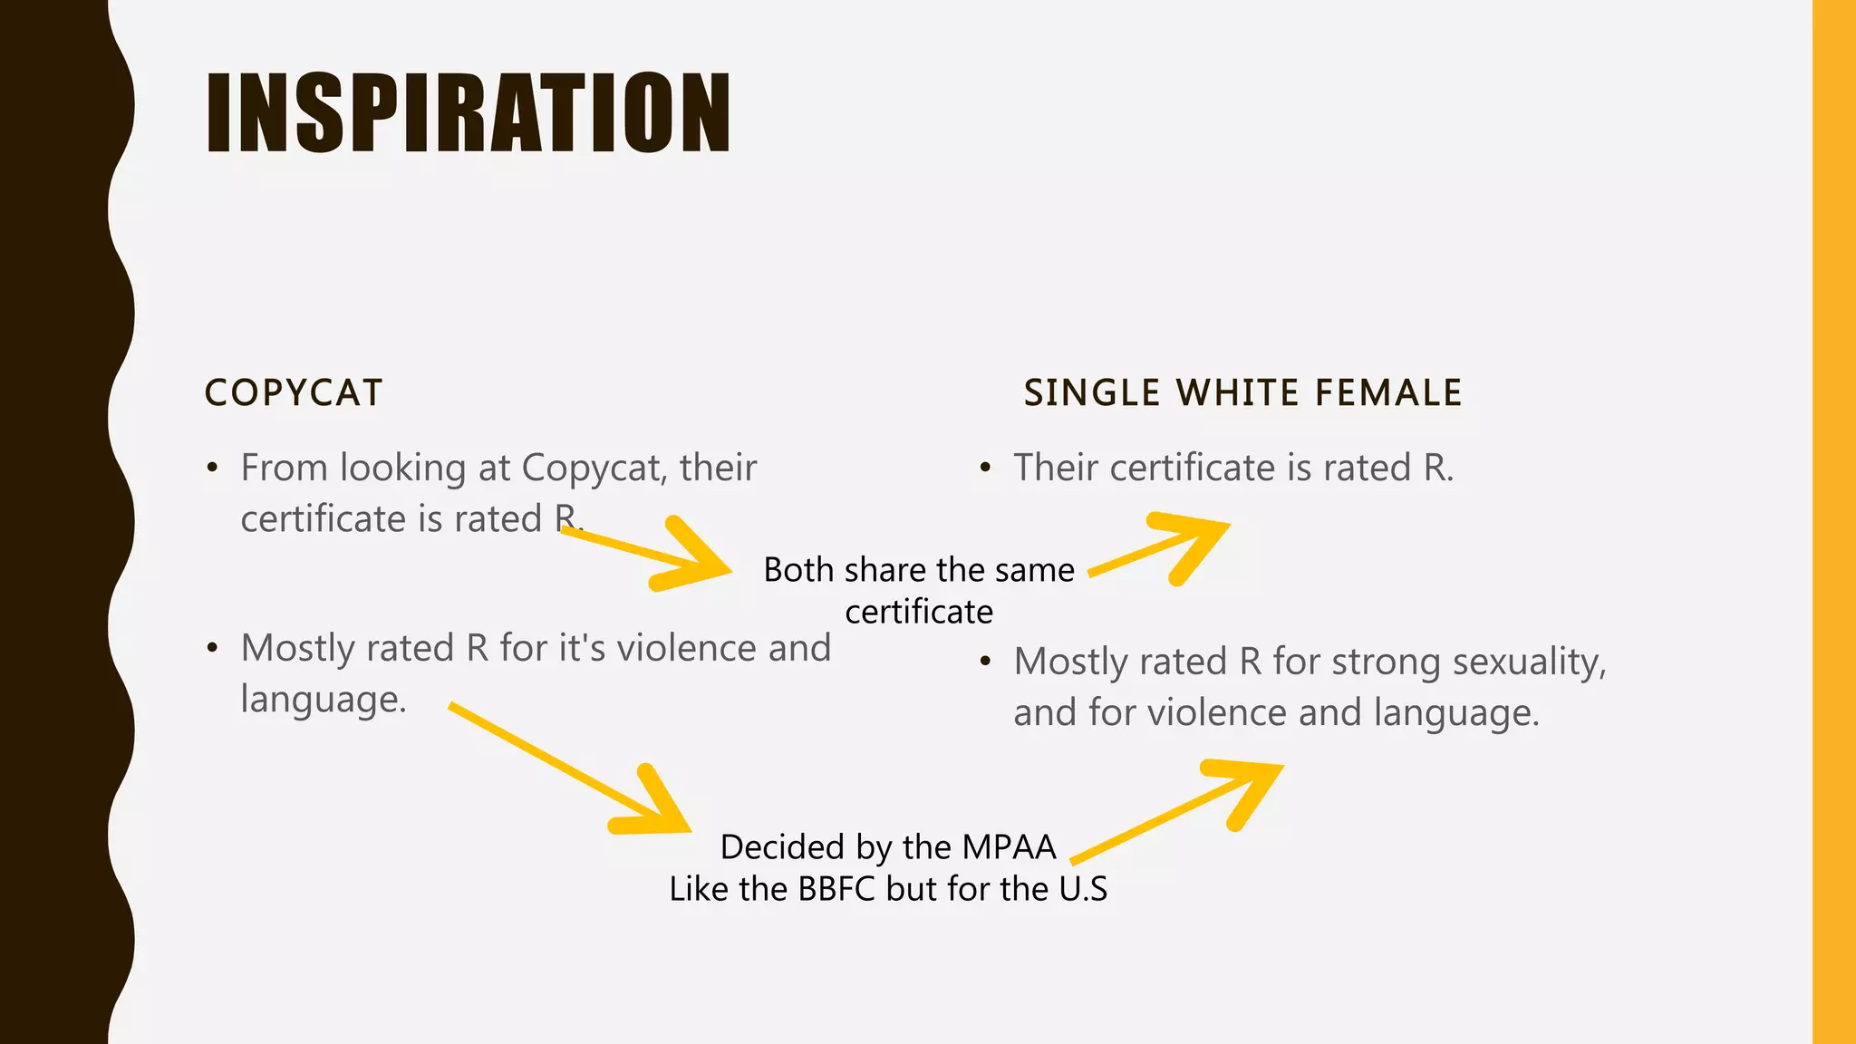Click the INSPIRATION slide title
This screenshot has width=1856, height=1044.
click(468, 112)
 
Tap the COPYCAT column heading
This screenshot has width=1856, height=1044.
click(294, 393)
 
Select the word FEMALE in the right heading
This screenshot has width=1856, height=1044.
click(1388, 393)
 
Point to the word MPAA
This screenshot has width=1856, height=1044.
click(1009, 847)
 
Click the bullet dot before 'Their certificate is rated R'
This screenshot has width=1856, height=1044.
click(986, 469)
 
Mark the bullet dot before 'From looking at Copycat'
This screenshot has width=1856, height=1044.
click(212, 469)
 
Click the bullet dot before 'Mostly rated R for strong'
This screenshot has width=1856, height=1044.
click(986, 662)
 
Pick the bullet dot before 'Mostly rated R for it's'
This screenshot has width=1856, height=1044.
click(212, 649)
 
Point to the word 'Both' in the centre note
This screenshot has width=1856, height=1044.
click(797, 570)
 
